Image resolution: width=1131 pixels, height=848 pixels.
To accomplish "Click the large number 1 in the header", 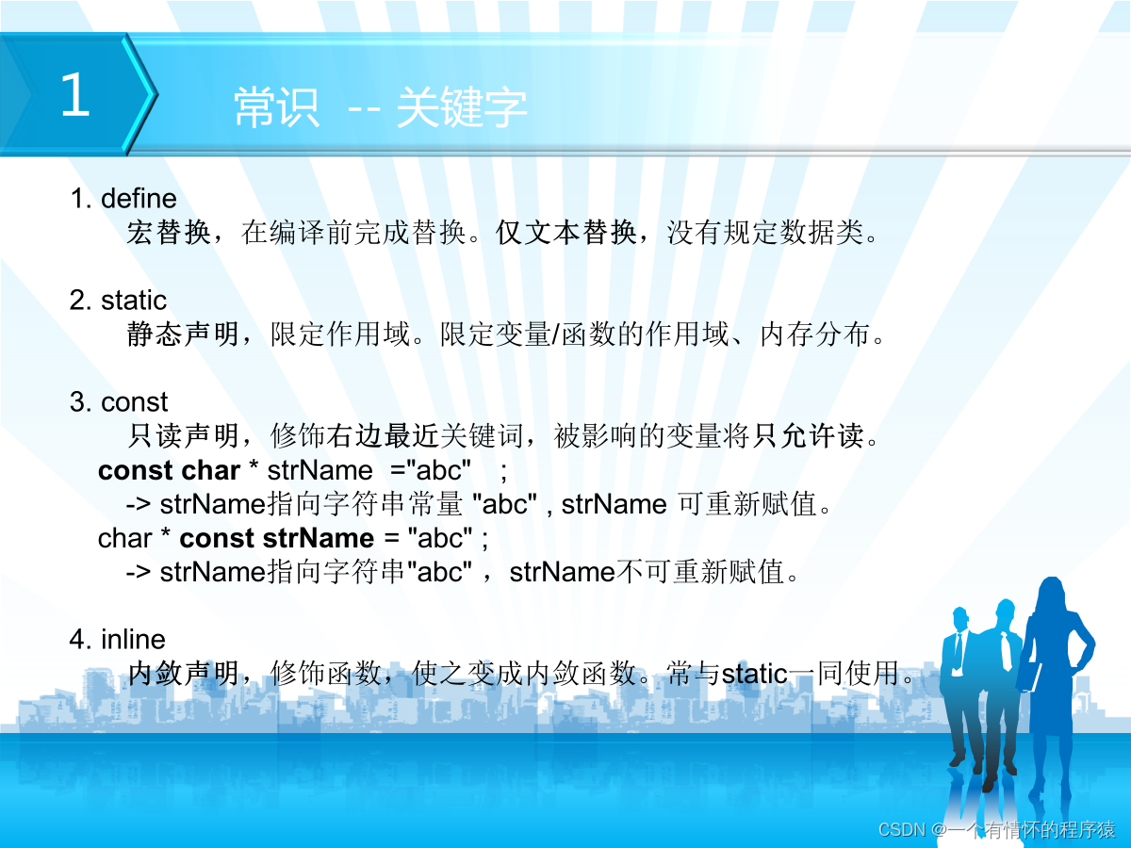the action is click(75, 93).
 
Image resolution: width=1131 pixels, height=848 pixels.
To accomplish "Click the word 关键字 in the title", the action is click(462, 107).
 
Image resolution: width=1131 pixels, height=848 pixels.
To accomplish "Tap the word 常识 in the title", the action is click(277, 107).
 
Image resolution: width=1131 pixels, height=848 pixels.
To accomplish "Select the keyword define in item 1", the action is click(139, 199).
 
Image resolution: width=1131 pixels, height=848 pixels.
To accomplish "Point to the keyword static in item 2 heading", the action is click(134, 301).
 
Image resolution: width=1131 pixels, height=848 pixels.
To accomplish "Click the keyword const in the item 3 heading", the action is click(135, 401).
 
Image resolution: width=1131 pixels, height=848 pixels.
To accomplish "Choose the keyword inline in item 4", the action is click(133, 640).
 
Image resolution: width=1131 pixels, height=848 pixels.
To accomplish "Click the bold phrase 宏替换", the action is click(169, 232).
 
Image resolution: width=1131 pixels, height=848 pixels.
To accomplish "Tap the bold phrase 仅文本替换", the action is click(565, 232).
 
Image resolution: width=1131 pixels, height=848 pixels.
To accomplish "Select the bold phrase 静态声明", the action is click(183, 334).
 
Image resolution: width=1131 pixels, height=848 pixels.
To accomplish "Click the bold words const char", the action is click(169, 470).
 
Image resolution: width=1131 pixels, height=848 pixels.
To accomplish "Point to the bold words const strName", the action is click(277, 539).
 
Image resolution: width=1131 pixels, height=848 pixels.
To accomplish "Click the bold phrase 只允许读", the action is click(808, 435).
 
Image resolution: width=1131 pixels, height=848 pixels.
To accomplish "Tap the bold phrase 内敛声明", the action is click(183, 674).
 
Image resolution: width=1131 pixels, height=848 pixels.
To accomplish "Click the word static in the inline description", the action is click(755, 674).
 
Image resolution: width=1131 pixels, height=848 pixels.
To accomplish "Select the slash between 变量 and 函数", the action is click(555, 334).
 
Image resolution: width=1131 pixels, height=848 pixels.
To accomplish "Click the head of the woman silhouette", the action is click(1051, 595).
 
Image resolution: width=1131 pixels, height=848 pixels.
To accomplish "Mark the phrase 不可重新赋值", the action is click(700, 572).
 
